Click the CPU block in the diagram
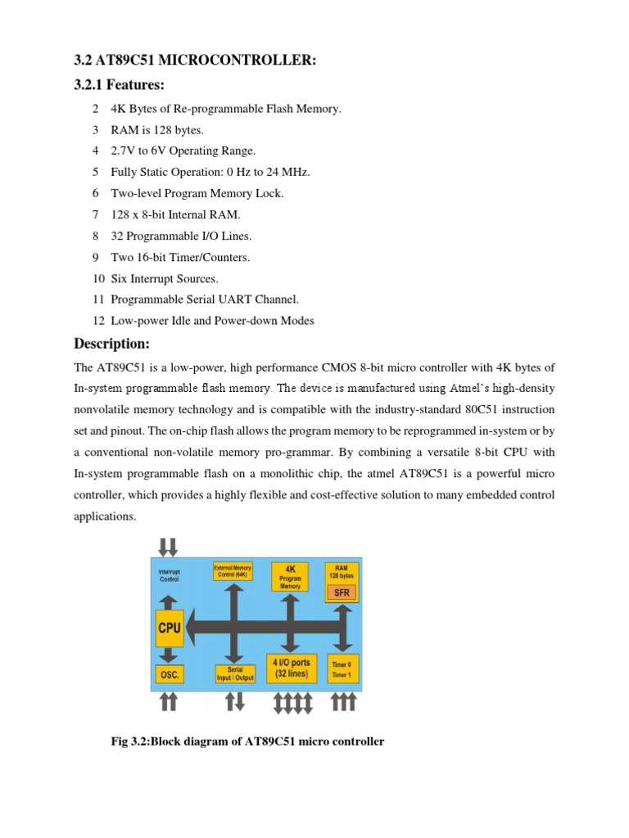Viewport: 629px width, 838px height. click(x=169, y=628)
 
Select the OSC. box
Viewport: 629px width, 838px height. click(x=169, y=675)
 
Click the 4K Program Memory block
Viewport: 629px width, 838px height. click(x=290, y=576)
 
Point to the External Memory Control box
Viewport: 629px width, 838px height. click(x=233, y=570)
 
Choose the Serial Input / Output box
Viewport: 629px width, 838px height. click(x=235, y=674)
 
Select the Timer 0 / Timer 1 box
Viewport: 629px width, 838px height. click(x=342, y=670)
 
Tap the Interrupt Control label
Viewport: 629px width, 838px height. click(x=169, y=574)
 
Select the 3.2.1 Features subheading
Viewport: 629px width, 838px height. click(x=119, y=85)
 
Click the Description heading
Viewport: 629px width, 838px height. click(x=112, y=343)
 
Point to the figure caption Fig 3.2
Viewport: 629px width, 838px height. click(x=247, y=741)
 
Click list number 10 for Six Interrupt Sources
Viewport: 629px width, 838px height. click(x=96, y=278)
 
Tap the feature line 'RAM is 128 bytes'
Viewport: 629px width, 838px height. click(x=157, y=129)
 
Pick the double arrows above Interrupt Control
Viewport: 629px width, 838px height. click(x=169, y=546)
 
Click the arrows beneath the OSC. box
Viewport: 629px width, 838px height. click(x=169, y=701)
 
